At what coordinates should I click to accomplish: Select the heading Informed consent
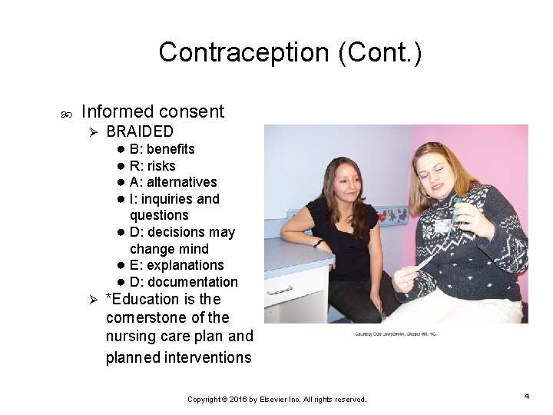click(152, 111)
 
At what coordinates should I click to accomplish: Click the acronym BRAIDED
click(140, 131)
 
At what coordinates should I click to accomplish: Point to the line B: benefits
click(162, 149)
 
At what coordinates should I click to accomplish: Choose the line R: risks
click(152, 166)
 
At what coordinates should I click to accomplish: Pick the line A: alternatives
click(173, 182)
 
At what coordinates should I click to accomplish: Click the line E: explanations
click(177, 265)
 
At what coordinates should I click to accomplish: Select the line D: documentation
click(184, 282)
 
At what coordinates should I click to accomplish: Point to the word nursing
click(131, 336)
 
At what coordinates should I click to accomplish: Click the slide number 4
click(527, 396)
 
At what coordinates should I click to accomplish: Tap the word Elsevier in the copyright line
click(273, 400)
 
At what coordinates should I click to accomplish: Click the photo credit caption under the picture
click(395, 334)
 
